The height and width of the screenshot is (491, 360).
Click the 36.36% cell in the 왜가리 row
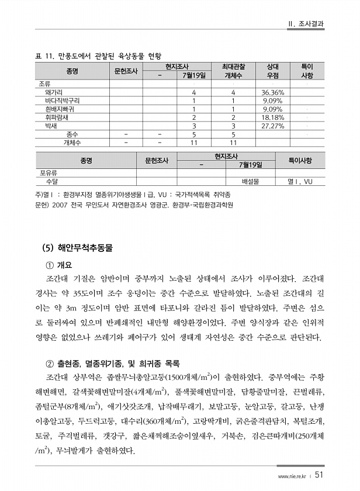point(272,92)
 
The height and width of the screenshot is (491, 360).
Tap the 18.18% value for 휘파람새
point(272,117)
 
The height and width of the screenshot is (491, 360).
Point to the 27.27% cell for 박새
point(272,125)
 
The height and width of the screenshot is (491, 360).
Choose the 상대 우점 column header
point(272,71)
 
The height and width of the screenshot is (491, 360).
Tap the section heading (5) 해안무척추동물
point(78,248)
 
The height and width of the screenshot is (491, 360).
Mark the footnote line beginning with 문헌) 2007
point(134,205)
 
